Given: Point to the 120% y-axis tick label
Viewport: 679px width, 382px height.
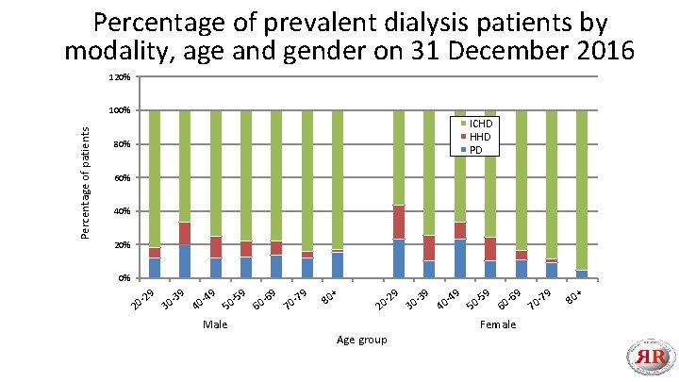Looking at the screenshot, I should click(x=119, y=77).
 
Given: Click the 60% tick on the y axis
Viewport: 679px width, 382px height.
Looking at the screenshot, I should click(x=121, y=178).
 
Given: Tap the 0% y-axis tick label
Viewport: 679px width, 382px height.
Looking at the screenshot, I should click(x=124, y=278).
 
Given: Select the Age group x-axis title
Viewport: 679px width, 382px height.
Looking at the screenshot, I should click(x=360, y=340).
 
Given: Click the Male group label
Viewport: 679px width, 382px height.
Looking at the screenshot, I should click(x=215, y=324).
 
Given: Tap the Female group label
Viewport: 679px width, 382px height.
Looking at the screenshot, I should click(x=497, y=324).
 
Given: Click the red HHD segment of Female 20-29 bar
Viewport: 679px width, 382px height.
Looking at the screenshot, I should click(x=399, y=222).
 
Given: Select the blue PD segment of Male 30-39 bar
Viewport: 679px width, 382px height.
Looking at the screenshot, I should click(x=185, y=261).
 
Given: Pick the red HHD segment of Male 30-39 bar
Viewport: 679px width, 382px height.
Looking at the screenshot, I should click(x=185, y=234).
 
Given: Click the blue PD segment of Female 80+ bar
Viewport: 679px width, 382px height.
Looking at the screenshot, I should click(x=582, y=274).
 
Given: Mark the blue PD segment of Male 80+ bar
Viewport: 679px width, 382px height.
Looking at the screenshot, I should click(x=338, y=265).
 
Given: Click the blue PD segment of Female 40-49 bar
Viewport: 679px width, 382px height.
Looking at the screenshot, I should click(x=460, y=258).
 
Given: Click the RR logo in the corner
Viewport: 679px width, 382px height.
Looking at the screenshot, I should click(x=651, y=357).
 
